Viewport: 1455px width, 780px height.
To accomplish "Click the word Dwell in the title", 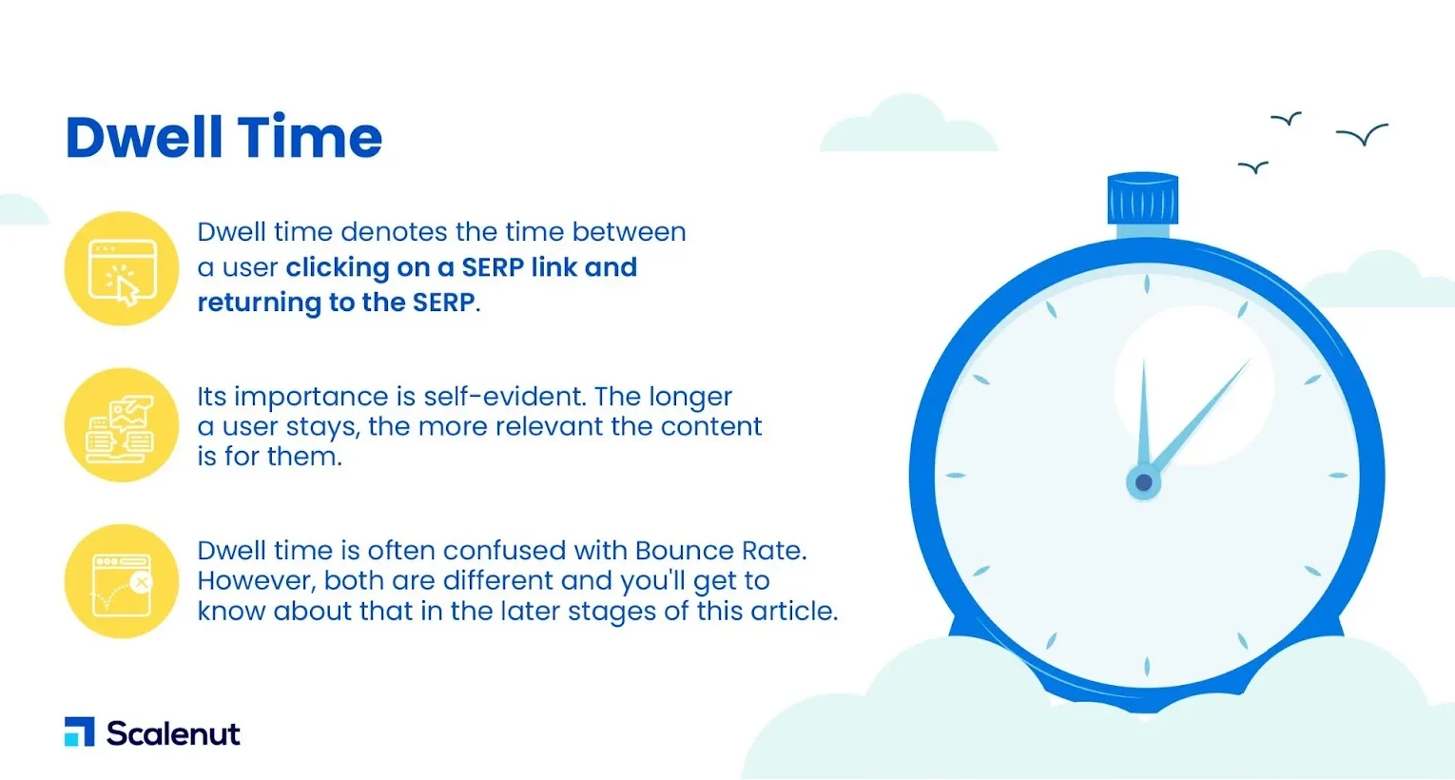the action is point(145,137).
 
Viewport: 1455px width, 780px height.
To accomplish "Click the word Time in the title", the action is point(309,137).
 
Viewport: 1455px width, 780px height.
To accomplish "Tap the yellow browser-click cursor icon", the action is point(122,268).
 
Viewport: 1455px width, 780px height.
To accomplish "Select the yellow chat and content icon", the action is point(122,425).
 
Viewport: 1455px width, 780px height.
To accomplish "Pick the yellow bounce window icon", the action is point(122,581).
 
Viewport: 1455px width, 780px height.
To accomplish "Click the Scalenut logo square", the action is point(79,731).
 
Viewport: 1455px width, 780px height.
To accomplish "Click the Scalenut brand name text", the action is point(173,733).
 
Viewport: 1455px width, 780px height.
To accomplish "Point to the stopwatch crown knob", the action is point(1142,198).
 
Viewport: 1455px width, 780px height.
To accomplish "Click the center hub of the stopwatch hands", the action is point(1144,482).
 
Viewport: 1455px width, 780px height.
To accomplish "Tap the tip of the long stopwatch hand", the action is point(1251,360).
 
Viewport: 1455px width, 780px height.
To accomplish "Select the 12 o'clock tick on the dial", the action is point(1147,283).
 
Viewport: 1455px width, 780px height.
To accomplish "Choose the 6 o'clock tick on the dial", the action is point(1147,667).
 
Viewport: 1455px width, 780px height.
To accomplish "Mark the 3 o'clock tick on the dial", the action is point(1337,476).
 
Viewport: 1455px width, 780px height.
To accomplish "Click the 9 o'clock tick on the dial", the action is point(955,476).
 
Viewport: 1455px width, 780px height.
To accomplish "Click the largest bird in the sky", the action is point(1362,134).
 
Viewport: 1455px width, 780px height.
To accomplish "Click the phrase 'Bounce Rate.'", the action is point(721,551).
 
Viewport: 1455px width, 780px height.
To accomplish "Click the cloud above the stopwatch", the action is point(909,127).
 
